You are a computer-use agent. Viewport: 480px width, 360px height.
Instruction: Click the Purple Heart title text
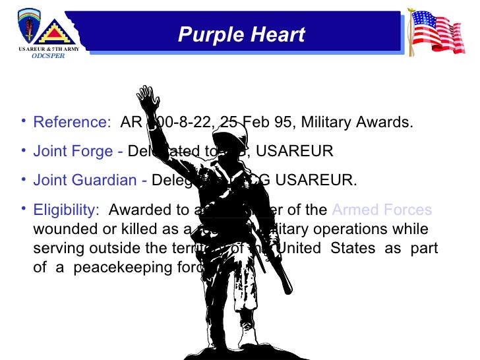(241, 35)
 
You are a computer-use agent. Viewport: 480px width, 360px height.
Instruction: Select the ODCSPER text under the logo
(49, 57)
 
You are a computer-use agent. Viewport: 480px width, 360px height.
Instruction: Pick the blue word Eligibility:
(66, 210)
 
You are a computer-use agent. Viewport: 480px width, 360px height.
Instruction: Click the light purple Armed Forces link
(382, 210)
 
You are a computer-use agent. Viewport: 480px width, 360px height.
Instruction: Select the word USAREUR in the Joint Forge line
(294, 152)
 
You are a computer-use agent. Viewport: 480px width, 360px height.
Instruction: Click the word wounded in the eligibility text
(62, 229)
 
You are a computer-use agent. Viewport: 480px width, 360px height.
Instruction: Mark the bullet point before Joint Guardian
(24, 178)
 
